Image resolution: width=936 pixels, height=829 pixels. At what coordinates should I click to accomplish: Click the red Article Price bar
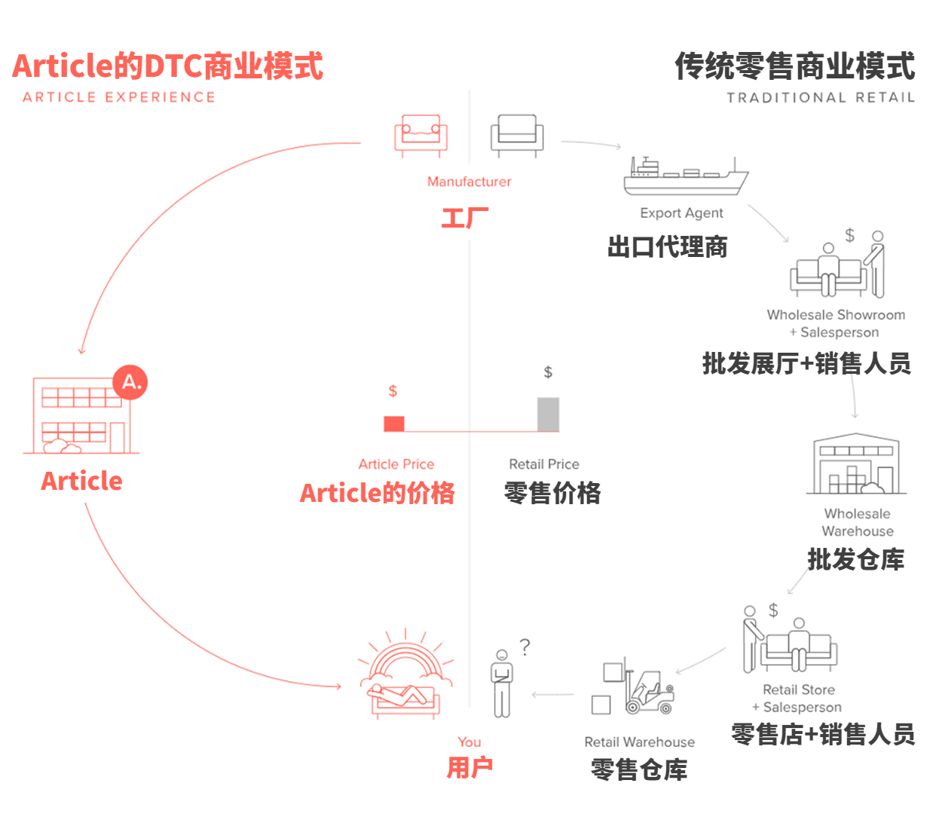[x=394, y=424]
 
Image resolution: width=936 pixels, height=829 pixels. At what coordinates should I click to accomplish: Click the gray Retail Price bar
[x=548, y=414]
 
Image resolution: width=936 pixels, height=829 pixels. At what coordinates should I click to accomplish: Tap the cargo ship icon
[x=685, y=176]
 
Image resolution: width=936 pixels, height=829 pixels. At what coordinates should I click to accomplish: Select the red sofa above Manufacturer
[x=421, y=135]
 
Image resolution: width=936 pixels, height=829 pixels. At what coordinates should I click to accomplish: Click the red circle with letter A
[x=130, y=382]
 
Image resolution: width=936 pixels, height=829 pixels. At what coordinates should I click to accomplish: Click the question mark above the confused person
[x=525, y=647]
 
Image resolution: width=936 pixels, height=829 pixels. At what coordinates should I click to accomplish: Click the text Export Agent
[x=681, y=213]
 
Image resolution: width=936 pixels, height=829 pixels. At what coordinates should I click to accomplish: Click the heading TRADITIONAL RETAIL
[x=820, y=98]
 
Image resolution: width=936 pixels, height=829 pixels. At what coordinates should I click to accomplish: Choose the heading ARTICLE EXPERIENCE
[x=119, y=97]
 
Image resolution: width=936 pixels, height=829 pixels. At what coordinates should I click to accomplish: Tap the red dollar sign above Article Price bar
[x=393, y=391]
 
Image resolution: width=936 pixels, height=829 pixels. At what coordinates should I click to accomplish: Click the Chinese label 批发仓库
[x=855, y=559]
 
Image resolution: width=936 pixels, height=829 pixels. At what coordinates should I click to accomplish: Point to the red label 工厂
[x=465, y=219]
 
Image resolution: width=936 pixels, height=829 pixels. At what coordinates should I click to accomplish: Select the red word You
[x=469, y=742]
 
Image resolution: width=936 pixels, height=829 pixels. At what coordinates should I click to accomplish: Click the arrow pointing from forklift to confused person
[x=552, y=694]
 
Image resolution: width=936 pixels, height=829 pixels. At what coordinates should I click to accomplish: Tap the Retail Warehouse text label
[x=639, y=742]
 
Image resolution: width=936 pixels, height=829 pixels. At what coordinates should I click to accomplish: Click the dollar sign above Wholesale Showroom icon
[x=849, y=235]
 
